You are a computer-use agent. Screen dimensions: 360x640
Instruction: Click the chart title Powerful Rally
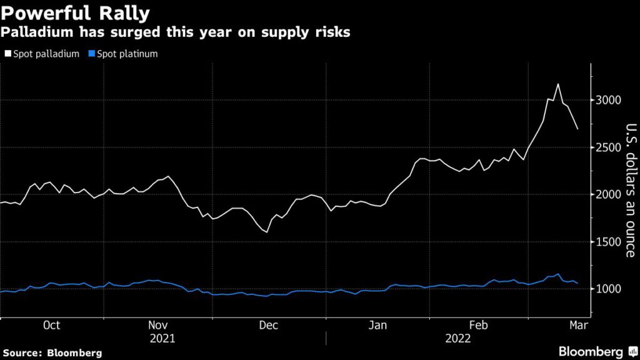tap(75, 12)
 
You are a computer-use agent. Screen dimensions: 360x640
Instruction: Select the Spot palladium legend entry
tap(42, 54)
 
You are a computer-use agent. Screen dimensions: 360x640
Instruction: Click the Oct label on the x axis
tap(51, 325)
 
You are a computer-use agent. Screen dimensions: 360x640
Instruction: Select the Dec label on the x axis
tap(268, 325)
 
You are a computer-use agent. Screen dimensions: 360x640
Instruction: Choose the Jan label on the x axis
tap(377, 325)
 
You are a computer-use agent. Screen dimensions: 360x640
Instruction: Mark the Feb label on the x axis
tap(478, 325)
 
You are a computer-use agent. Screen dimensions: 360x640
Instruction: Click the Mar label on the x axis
tap(576, 325)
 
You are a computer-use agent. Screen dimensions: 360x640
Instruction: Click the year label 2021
tap(162, 338)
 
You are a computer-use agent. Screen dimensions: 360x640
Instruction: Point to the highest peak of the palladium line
tap(557, 84)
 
